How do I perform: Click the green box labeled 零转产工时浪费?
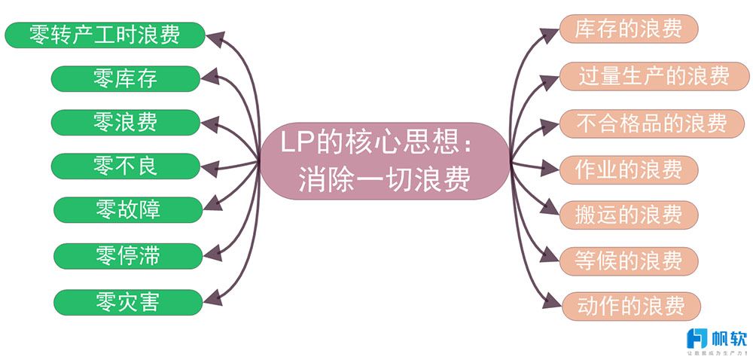(105, 35)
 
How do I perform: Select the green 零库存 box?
(126, 78)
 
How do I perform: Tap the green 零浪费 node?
(126, 122)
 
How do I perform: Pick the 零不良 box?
(126, 166)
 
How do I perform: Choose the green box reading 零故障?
(127, 209)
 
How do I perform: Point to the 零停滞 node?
(127, 256)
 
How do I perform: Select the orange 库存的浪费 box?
(628, 29)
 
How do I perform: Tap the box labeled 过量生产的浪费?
(654, 76)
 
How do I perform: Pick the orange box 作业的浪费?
(628, 168)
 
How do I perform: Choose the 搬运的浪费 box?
(628, 214)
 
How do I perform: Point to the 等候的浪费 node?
(628, 260)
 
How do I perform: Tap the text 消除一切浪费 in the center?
(384, 180)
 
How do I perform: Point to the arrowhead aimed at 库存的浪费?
(552, 30)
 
